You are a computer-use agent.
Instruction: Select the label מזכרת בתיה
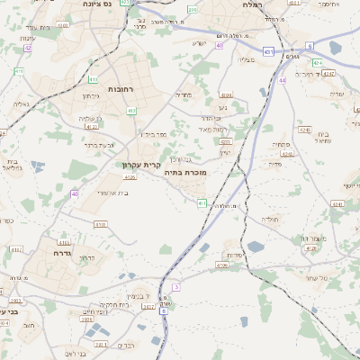point(186,171)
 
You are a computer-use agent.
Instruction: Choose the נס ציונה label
point(96,4)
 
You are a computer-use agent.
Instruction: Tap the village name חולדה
point(271,220)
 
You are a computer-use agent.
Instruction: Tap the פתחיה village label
point(280,144)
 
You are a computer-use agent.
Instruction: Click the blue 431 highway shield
point(269,52)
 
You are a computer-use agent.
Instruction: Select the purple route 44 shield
point(282,81)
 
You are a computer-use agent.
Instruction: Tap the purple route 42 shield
point(27,48)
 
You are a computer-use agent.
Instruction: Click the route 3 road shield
point(176,287)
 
